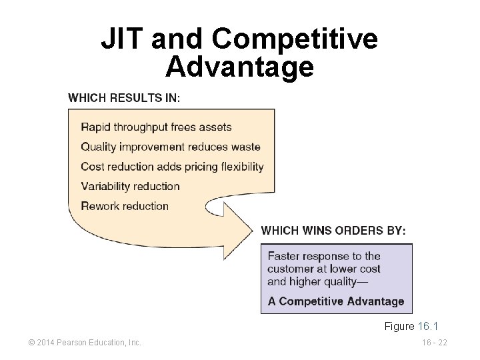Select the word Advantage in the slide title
tap(239, 67)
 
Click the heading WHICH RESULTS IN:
tap(123, 97)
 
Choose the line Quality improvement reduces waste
tap(171, 147)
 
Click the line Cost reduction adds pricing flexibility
tap(172, 167)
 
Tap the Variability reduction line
tap(131, 186)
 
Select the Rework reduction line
tap(125, 205)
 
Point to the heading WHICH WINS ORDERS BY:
tap(333, 231)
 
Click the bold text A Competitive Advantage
tap(336, 301)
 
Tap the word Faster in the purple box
tap(285, 256)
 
